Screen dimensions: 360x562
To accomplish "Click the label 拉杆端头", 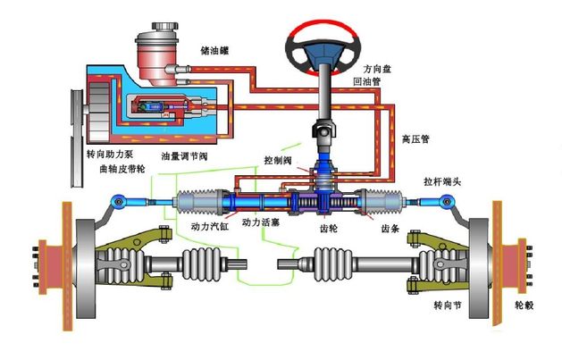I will [x=440, y=181].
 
